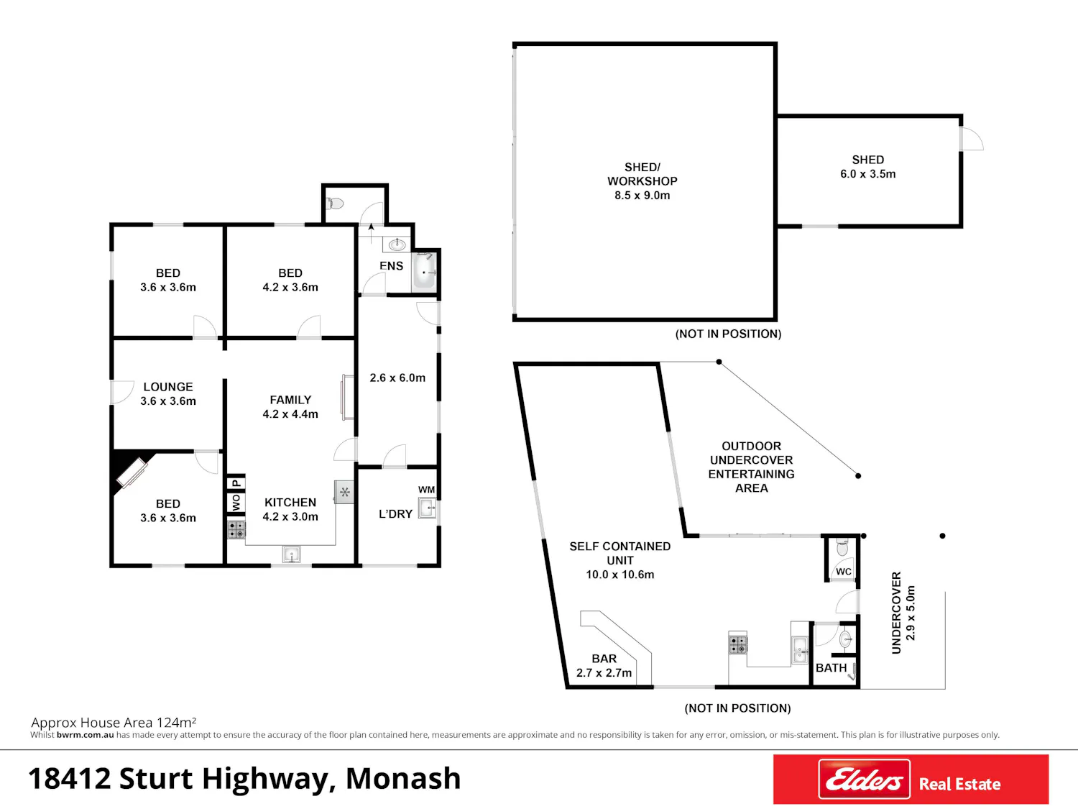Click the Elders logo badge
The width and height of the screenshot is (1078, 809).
864,779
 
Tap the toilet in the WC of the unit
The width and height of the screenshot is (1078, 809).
842,547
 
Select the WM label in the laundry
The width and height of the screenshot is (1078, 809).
426,490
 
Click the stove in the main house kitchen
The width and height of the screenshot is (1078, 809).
236,530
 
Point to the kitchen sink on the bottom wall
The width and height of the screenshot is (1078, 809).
291,555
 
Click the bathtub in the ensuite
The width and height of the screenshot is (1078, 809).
424,272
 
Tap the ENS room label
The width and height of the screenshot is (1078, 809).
391,266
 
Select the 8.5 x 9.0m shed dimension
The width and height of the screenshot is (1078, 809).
642,196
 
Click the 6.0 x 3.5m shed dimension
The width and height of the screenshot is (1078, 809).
868,174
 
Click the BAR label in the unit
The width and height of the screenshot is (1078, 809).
604,659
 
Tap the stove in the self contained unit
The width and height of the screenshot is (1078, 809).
737,644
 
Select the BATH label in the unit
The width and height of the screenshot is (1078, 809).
831,668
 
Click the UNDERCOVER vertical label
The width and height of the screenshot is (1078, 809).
896,613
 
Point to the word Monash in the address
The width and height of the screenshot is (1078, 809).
403,779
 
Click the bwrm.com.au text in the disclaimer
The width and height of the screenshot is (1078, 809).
85,735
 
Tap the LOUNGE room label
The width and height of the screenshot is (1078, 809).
168,387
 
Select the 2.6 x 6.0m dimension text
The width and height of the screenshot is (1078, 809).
397,378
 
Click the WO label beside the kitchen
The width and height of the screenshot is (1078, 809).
236,503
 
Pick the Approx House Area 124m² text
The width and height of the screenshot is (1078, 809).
114,722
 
